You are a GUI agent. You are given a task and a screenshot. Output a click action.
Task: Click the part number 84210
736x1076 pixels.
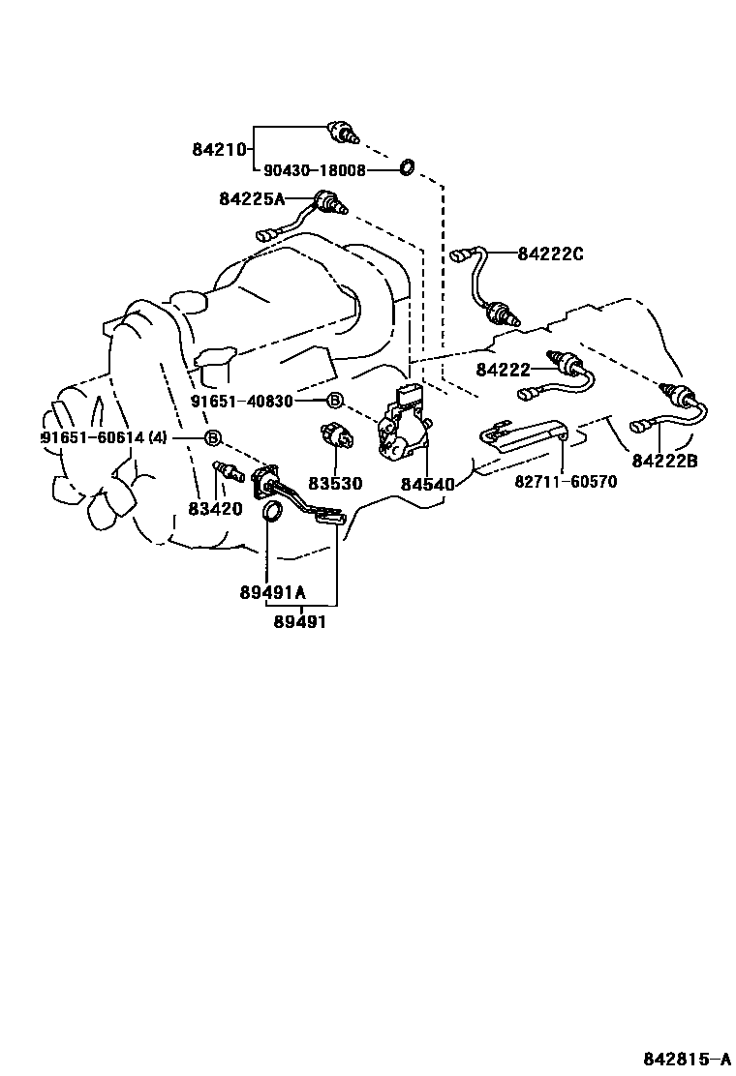click(x=222, y=150)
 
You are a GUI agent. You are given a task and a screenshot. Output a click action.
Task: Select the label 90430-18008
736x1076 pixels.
click(x=315, y=170)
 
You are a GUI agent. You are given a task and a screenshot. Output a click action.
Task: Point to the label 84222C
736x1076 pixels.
click(x=550, y=254)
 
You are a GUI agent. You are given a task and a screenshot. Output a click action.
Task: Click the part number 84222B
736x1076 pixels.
click(x=664, y=461)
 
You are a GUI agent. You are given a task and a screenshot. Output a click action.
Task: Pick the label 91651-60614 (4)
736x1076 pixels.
click(x=104, y=437)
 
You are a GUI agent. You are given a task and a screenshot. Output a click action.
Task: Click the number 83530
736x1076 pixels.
click(x=336, y=482)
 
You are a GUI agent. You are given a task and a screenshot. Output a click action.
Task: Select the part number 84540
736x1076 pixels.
click(x=427, y=483)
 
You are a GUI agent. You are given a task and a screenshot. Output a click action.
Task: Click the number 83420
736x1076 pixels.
click(x=215, y=508)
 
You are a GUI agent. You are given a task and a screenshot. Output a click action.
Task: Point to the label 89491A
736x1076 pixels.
click(x=273, y=593)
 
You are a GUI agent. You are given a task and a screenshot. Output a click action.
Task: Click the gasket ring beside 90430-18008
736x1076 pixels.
click(x=408, y=169)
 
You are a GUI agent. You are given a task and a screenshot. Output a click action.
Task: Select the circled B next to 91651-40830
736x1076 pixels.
click(x=334, y=401)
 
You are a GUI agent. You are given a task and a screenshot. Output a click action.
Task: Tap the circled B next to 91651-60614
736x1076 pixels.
click(x=212, y=437)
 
